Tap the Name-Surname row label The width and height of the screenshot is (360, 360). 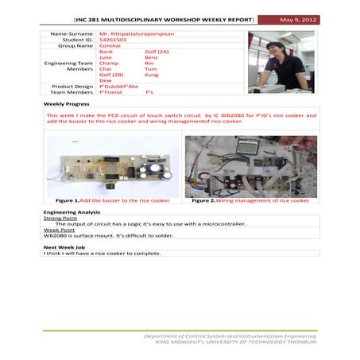pos(72,34)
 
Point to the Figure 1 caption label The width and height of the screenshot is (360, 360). pos(68,201)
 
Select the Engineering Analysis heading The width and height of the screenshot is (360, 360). pos(72,213)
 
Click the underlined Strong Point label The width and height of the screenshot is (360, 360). pos(59,219)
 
